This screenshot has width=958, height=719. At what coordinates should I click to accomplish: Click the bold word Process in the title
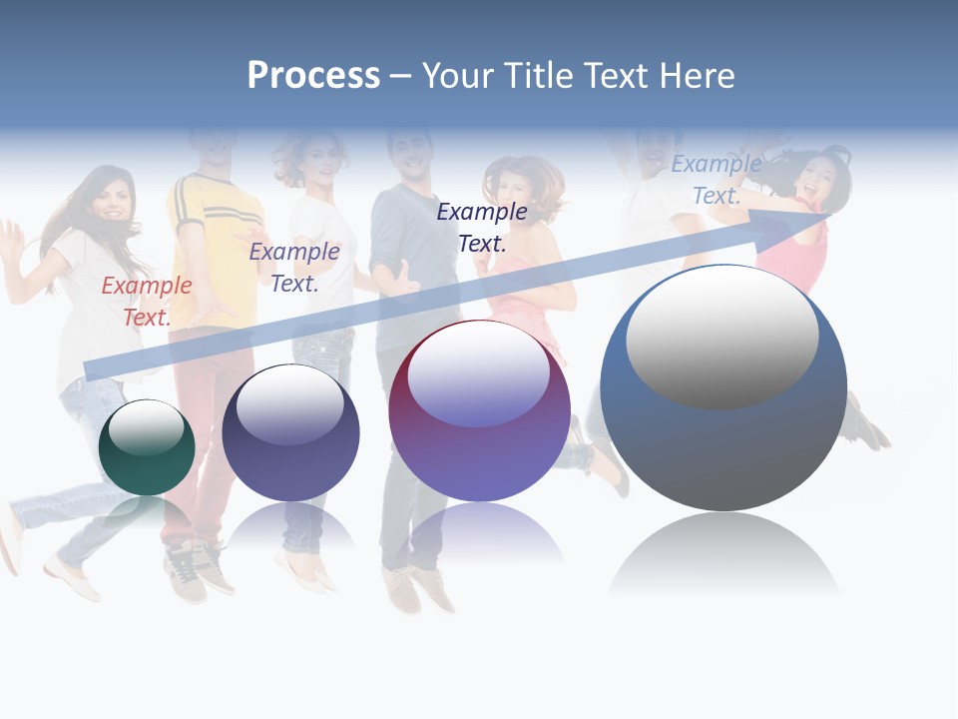point(313,76)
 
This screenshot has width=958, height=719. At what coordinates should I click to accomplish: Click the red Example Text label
point(147,301)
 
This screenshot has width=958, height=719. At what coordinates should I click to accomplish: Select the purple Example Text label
point(294,267)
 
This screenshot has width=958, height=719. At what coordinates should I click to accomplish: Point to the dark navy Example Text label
point(482,227)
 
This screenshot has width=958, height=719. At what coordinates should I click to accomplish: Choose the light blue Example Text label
point(717,180)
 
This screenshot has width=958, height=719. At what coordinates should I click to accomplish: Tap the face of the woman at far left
point(111,200)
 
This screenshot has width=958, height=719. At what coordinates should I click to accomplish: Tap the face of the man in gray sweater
point(411,155)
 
